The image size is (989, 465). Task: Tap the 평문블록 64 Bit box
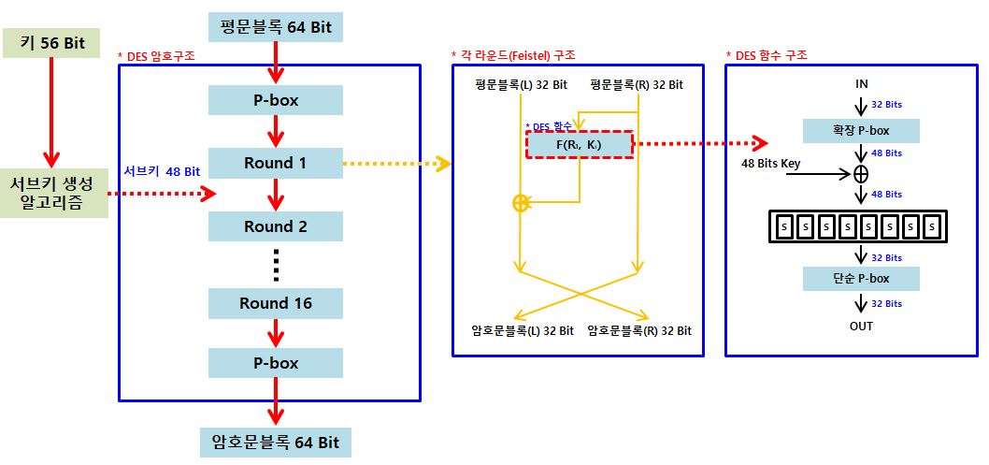275,27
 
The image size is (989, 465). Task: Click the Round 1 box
275,163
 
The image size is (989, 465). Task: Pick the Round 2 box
275,226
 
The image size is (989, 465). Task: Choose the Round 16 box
275,303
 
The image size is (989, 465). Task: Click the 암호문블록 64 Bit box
275,442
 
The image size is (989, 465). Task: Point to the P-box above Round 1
275,100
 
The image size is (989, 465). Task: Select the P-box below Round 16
275,363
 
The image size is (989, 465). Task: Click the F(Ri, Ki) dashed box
580,144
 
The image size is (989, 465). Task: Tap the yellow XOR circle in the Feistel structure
521,203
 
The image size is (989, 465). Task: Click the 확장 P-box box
861,130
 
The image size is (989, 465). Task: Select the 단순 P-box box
861,278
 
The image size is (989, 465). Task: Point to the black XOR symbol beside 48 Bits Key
861,174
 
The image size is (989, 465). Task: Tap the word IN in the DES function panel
861,84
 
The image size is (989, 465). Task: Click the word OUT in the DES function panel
861,326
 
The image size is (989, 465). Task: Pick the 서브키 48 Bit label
162,171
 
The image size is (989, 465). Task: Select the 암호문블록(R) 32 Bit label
639,330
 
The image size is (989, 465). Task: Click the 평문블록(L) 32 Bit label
521,85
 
